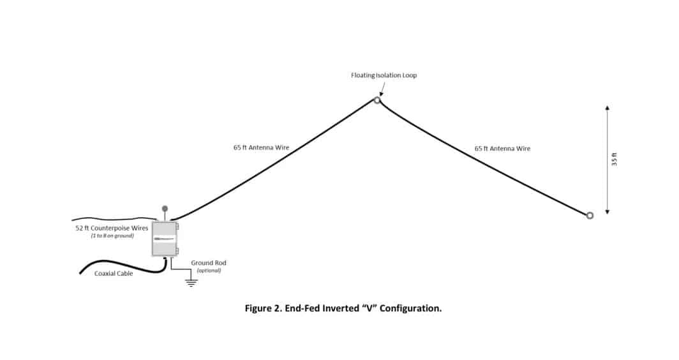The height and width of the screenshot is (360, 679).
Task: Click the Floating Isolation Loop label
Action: pyautogui.click(x=384, y=75)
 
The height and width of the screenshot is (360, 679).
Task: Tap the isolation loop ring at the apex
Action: pyautogui.click(x=377, y=100)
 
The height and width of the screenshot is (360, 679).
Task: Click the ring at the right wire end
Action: pyautogui.click(x=590, y=216)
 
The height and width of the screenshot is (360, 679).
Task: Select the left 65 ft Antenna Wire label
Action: pyautogui.click(x=261, y=147)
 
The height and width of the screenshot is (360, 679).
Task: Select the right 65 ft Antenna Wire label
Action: pyautogui.click(x=502, y=148)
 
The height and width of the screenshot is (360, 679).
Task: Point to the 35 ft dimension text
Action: pyautogui.click(x=614, y=160)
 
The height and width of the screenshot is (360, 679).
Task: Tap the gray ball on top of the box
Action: pyautogui.click(x=165, y=208)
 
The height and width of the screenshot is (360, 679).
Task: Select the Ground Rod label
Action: pyautogui.click(x=209, y=262)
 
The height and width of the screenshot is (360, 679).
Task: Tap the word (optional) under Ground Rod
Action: pyautogui.click(x=208, y=270)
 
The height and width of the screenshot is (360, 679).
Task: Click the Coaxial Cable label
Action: pyautogui.click(x=114, y=274)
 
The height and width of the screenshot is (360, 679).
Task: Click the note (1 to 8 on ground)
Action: pyautogui.click(x=107, y=236)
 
